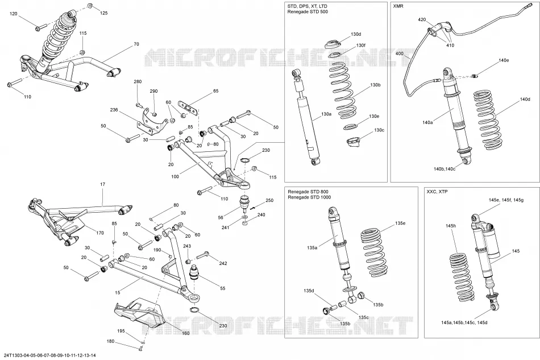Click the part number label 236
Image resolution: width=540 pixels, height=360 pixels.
(x=114, y=110)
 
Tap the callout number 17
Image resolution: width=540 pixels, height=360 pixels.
(x=103, y=184)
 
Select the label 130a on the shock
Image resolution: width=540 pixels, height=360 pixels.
(x=326, y=114)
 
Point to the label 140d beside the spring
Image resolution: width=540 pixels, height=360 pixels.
(x=525, y=99)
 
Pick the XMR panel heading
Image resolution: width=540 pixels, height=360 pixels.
(x=398, y=6)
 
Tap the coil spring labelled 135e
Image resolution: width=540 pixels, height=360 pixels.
(x=373, y=253)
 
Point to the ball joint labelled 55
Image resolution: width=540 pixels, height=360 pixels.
(x=196, y=272)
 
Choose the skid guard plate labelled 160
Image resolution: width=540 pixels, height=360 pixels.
(x=139, y=312)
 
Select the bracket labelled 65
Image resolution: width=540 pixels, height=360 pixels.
(x=188, y=106)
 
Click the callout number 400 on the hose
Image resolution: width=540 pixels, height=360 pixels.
(x=399, y=53)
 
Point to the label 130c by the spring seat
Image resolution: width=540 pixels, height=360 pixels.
(x=379, y=130)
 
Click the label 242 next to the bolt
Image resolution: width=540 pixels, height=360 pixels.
(x=223, y=263)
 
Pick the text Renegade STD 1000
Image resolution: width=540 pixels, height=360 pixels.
(x=309, y=197)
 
